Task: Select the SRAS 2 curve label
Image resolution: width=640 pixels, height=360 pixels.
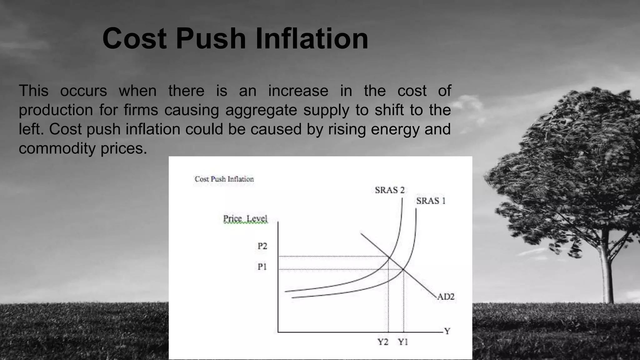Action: point(390,190)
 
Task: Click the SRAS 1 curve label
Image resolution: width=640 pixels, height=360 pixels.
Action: point(431,201)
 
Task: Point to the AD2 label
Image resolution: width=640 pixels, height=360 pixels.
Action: point(446,297)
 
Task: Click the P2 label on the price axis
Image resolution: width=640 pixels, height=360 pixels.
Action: point(262,246)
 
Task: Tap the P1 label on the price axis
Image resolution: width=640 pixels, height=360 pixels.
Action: point(262,267)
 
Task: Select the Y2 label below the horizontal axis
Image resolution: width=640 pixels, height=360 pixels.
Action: point(383,342)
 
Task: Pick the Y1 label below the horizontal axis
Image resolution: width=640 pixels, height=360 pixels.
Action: point(403,342)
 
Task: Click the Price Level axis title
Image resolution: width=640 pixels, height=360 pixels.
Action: point(245,219)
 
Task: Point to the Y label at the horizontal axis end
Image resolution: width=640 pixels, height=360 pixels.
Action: point(447,331)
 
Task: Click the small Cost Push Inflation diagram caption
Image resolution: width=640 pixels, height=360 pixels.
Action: point(224,179)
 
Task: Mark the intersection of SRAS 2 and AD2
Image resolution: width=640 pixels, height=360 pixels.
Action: point(388,257)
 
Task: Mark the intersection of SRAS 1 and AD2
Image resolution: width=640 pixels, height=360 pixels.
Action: point(403,269)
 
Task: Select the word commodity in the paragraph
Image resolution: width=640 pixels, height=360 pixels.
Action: point(57,148)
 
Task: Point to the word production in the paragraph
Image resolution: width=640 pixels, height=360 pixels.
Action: point(56,110)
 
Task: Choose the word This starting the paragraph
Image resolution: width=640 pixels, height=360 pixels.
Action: point(34,91)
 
